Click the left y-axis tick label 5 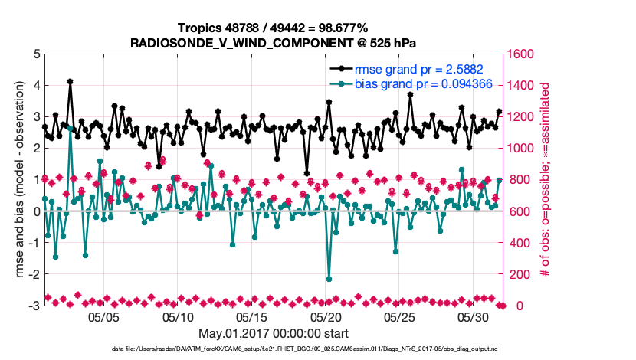(34, 54)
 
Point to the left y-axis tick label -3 (33, 306)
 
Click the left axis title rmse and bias (17, 180)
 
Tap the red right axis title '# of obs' (546, 180)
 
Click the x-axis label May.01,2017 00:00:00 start (274, 334)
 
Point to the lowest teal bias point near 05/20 (329, 279)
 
